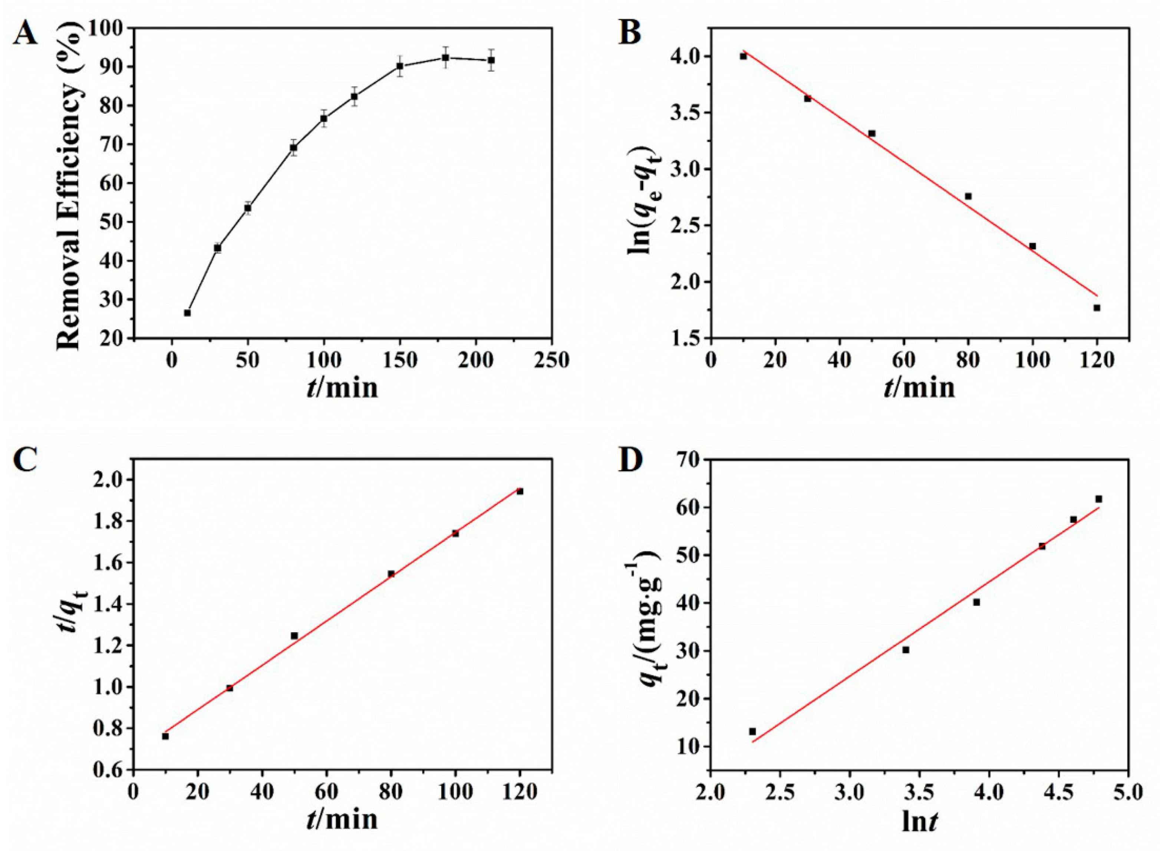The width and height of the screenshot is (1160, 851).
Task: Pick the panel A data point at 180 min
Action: point(445,58)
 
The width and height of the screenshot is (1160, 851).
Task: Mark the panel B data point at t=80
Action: point(968,196)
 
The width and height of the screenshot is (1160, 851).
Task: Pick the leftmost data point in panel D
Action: point(752,732)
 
